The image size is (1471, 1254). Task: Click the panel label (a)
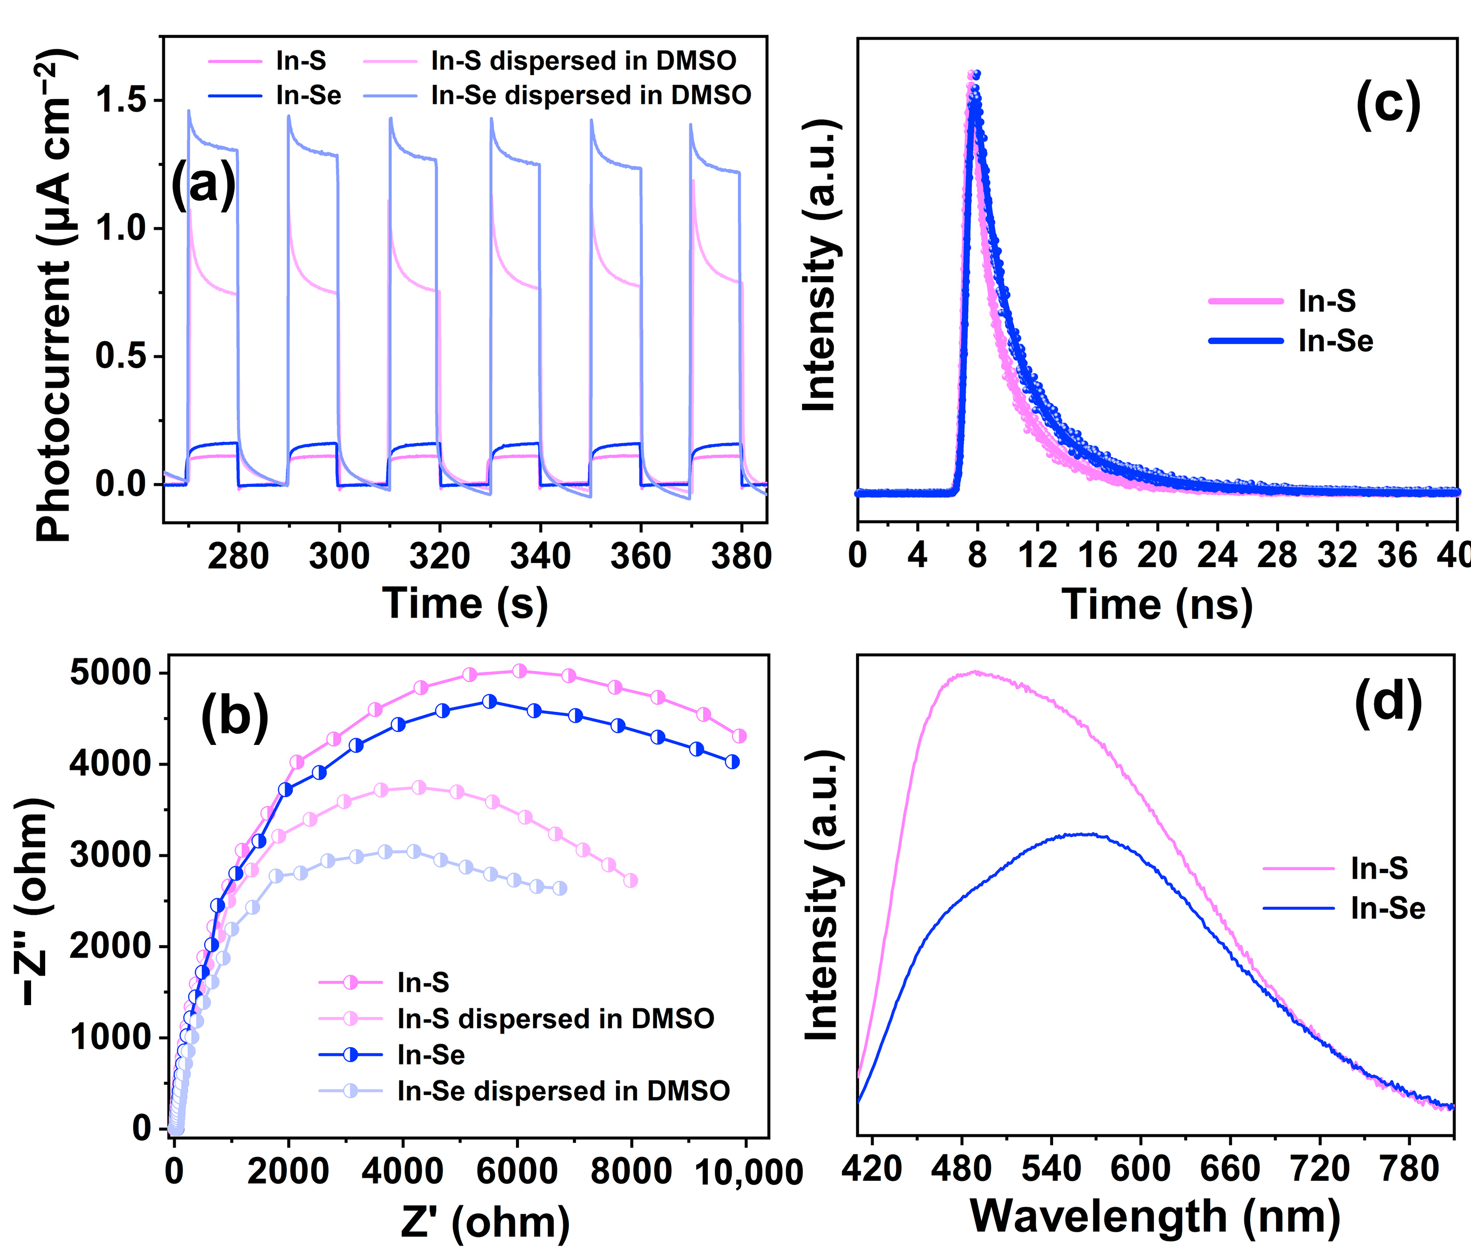pyautogui.click(x=204, y=185)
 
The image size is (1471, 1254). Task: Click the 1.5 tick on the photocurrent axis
pyautogui.click(x=121, y=100)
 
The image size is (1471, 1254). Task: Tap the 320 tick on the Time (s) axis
pyautogui.click(x=440, y=556)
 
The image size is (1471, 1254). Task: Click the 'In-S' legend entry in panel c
pyautogui.click(x=1326, y=301)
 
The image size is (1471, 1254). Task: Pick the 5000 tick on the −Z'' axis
pyautogui.click(x=110, y=673)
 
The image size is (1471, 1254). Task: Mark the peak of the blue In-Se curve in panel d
pyautogui.click(x=1086, y=835)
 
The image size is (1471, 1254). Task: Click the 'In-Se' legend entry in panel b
pyautogui.click(x=430, y=1055)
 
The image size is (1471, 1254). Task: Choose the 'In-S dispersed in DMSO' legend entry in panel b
pyautogui.click(x=555, y=1019)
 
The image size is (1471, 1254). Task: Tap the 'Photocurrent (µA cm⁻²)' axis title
pyautogui.click(x=54, y=294)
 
